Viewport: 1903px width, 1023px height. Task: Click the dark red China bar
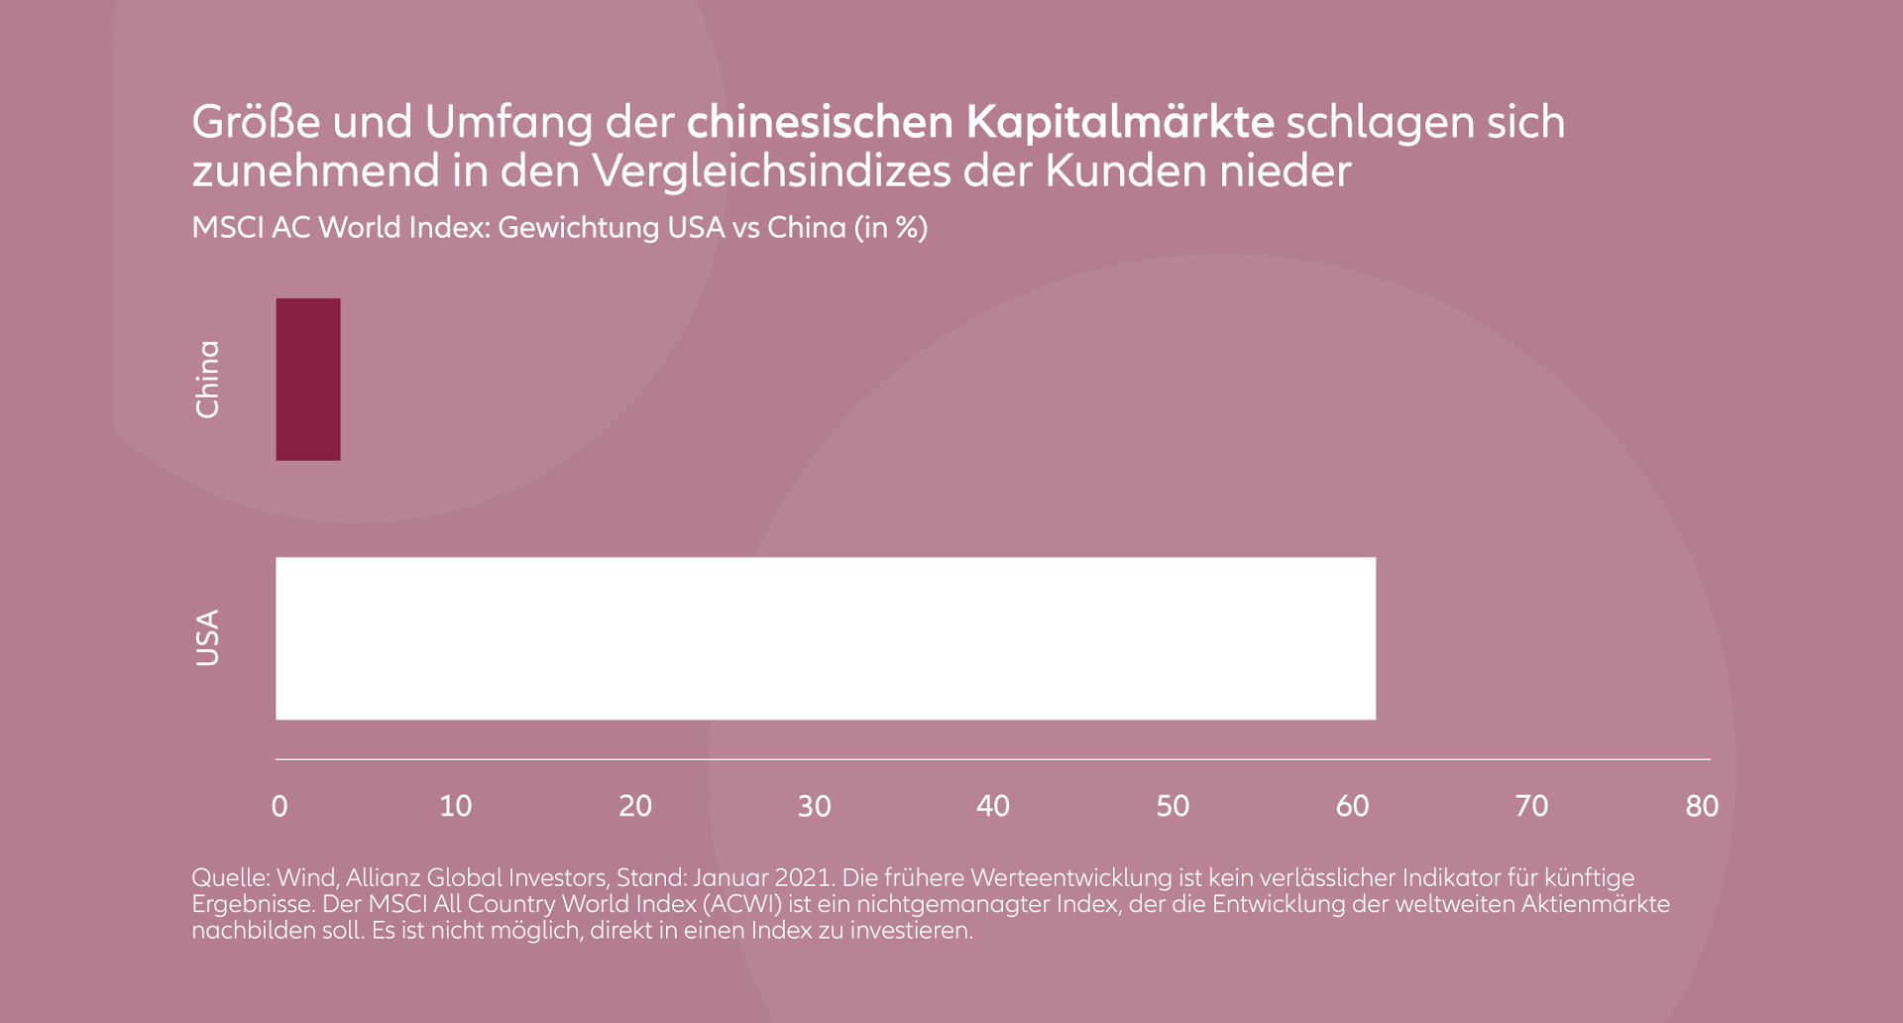point(308,379)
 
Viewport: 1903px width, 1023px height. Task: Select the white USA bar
point(825,638)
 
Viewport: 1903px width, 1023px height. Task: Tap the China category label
point(207,380)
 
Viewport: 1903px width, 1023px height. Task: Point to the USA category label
point(207,637)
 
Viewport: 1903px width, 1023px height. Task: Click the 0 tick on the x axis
point(280,806)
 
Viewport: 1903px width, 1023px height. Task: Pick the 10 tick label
point(456,806)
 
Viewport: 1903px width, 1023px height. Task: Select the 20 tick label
point(635,806)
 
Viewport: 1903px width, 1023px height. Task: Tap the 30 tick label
point(815,806)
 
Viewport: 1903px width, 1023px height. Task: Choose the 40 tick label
point(993,806)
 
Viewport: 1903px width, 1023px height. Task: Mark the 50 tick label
point(1173,806)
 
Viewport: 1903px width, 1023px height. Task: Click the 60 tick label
point(1352,806)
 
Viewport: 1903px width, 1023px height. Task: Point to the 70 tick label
point(1531,806)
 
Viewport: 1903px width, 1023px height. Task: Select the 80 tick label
point(1702,806)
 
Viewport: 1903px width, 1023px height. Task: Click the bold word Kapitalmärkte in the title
point(1120,122)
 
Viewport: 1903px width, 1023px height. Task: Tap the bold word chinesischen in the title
point(820,122)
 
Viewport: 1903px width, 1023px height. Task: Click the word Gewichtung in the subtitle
point(578,228)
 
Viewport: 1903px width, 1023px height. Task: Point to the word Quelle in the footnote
point(230,878)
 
